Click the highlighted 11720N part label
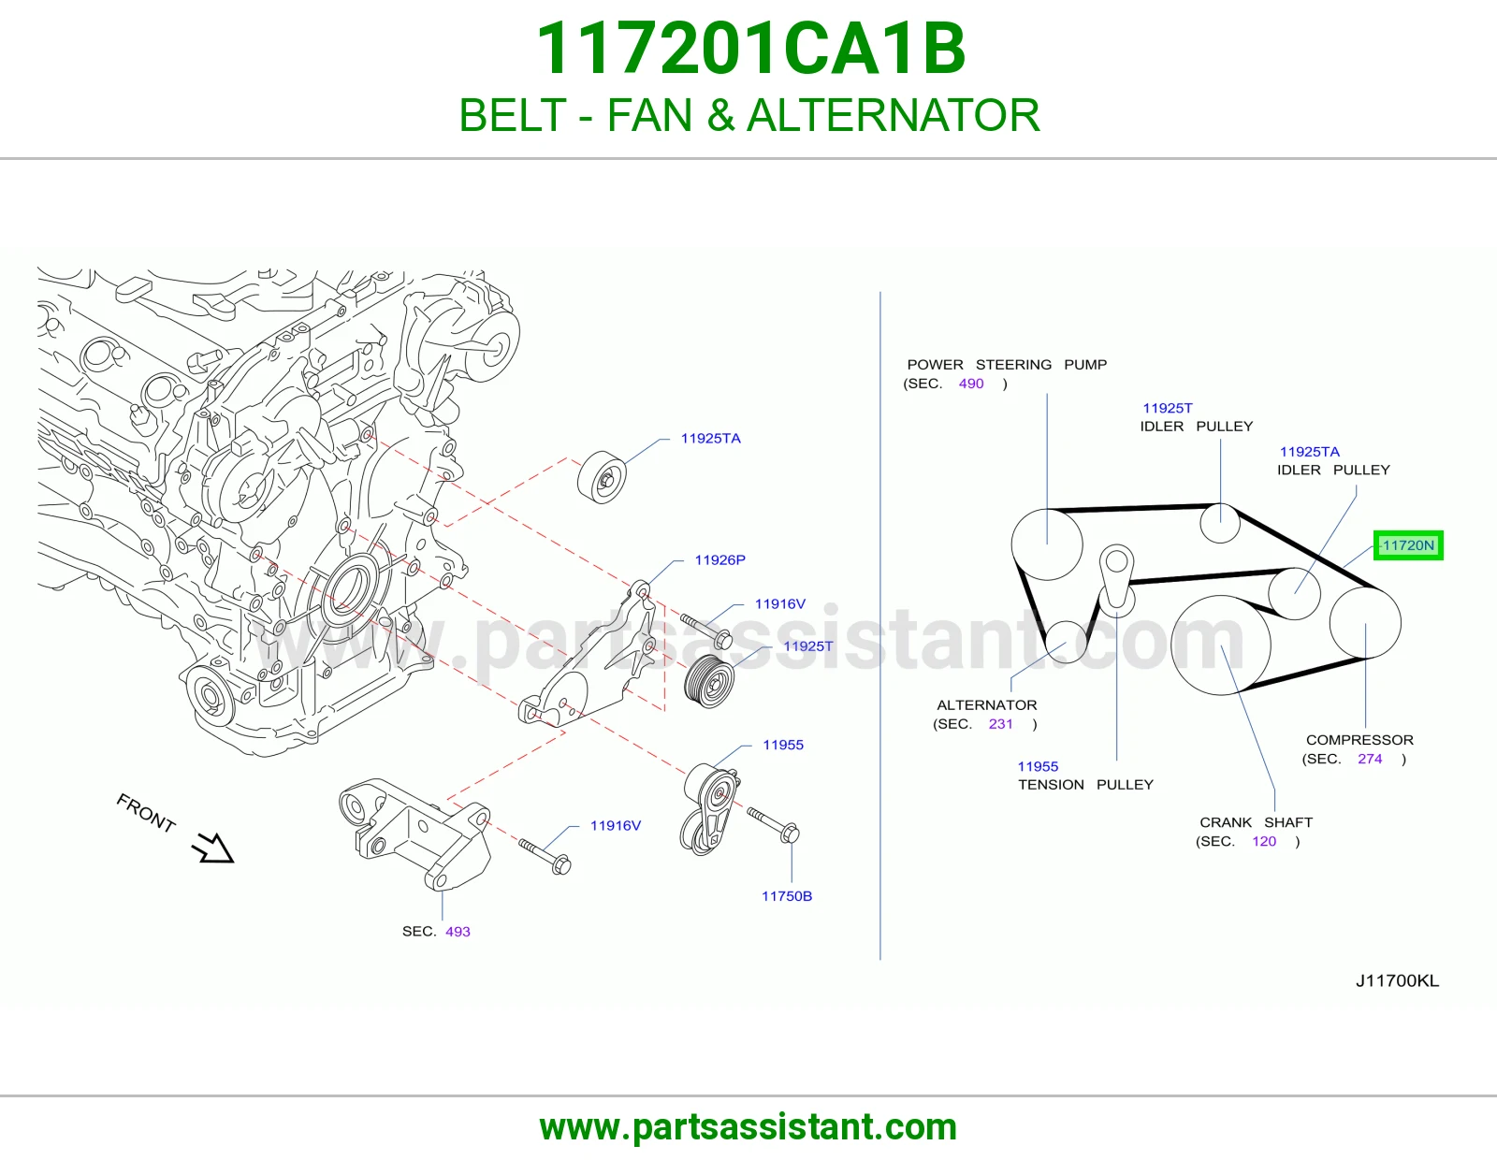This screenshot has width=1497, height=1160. [x=1408, y=545]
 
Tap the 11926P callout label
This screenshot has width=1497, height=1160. [x=719, y=560]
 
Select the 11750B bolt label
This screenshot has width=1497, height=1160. [x=787, y=896]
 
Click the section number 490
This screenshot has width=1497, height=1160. [x=971, y=384]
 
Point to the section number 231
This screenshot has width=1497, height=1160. [x=1001, y=724]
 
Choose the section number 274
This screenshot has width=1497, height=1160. [x=1371, y=759]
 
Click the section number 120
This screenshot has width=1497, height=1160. [x=1264, y=841]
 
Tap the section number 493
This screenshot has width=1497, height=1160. [x=458, y=932]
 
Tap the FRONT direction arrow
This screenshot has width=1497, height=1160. [x=213, y=848]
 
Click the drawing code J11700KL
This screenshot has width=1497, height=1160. [x=1397, y=981]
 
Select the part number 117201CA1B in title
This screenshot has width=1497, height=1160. [x=750, y=49]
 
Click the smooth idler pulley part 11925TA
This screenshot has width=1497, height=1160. [x=602, y=477]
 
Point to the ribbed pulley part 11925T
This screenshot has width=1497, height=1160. [x=709, y=681]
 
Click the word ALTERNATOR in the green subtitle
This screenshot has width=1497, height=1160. [x=894, y=115]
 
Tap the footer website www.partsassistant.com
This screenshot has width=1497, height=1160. [x=748, y=1127]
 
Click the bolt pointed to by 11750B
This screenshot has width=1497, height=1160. [x=773, y=824]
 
